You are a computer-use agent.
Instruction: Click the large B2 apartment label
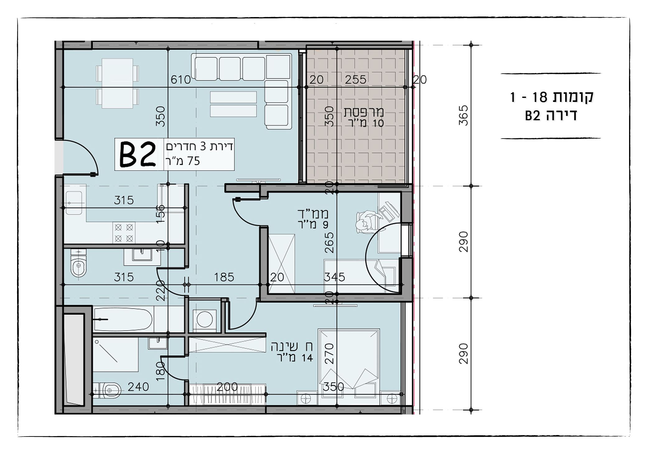coord(138,154)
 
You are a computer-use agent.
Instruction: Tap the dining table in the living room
coord(117,83)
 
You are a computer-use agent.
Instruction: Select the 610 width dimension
coord(180,80)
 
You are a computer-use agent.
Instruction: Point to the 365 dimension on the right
coord(463,115)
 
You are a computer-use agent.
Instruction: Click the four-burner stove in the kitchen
coord(124,233)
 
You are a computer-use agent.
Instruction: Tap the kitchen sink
coord(74,203)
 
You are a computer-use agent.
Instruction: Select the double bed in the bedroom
coord(348,359)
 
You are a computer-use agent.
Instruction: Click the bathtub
coord(123,319)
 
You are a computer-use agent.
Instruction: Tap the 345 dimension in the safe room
coord(334,277)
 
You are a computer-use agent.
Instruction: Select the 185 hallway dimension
coord(224,277)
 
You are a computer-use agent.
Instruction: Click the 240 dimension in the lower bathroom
coord(138,387)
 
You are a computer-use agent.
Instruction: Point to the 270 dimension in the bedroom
coord(329,354)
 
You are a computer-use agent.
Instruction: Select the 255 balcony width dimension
coord(356,80)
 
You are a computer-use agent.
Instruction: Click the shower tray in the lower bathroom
coord(115,354)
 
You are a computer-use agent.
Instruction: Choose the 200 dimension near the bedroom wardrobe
coord(227,387)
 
